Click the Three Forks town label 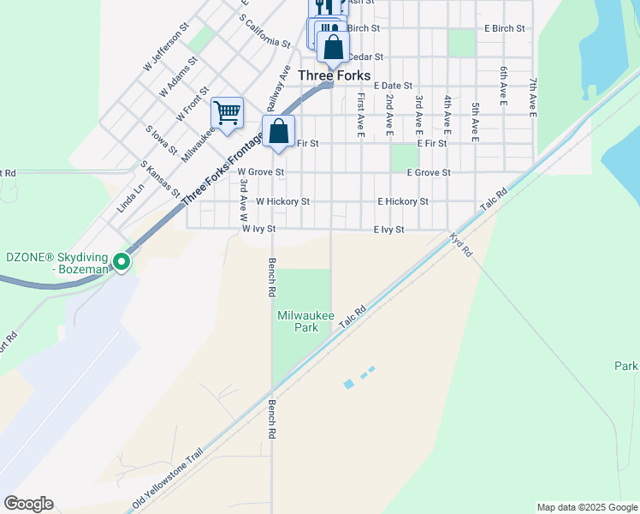point(334,75)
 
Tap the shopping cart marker point(227,112)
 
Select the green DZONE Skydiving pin point(122,262)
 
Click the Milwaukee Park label point(299,322)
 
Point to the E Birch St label point(504,28)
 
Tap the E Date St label point(393,86)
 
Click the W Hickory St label point(282,201)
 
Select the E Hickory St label point(402,201)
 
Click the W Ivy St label point(258,229)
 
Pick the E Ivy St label point(388,229)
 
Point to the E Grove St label point(428,172)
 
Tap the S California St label point(265,30)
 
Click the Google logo point(28,504)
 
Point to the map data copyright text point(586,507)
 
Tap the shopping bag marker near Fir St point(279,132)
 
